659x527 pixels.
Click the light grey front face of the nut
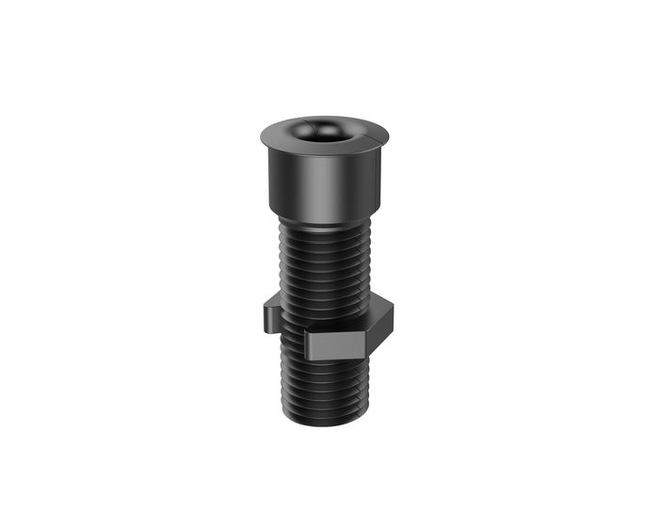click(334, 344)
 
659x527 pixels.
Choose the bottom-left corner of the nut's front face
click(305, 358)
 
